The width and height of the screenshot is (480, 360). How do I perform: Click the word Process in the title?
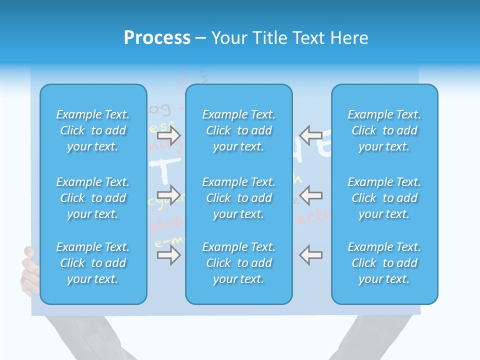(157, 38)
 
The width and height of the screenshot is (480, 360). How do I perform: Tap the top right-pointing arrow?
(169, 134)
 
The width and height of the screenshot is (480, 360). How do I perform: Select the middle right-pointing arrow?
(169, 194)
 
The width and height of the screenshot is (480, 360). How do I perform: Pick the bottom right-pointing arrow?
(169, 255)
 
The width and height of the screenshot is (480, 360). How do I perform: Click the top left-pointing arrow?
(310, 134)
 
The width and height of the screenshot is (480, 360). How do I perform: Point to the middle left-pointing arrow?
(310, 194)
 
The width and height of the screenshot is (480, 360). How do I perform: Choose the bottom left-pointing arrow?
(310, 255)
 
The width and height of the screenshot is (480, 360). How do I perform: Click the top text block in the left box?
(93, 130)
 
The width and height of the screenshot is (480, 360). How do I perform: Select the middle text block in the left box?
(93, 198)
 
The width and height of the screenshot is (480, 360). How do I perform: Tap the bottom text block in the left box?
(93, 263)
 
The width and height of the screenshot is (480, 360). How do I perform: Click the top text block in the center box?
(239, 130)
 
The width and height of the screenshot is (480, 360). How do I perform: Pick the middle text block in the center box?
(239, 198)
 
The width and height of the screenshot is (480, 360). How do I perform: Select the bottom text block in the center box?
(239, 263)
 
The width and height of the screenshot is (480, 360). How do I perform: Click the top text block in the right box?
(384, 130)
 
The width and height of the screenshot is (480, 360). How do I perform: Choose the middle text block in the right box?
(384, 198)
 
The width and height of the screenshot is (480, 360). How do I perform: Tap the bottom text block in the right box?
(384, 263)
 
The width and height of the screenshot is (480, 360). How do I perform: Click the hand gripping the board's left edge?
(29, 270)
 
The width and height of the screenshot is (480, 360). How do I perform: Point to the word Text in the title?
(309, 38)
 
